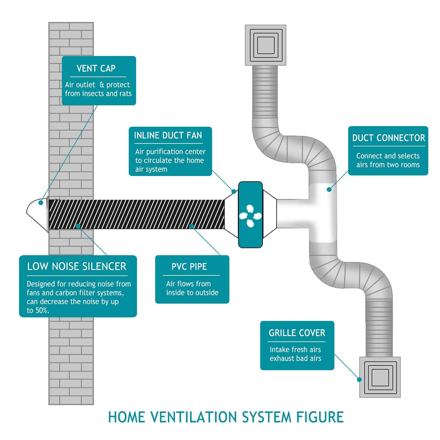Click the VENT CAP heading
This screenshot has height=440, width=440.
point(96,69)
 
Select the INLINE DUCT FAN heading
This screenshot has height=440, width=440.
point(168,136)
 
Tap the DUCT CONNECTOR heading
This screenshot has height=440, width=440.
point(388,138)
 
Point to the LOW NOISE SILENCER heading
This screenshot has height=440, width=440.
point(77,266)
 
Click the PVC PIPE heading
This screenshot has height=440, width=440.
point(189,267)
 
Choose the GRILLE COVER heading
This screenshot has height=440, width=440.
point(297,333)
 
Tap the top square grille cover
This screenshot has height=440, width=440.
point(265,45)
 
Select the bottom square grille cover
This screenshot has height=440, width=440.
point(380,377)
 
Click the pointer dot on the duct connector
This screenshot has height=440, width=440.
point(329,189)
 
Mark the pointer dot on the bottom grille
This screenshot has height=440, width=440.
point(359,379)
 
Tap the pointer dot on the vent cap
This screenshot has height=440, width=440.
point(41,202)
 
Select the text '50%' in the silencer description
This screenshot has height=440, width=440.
point(42,311)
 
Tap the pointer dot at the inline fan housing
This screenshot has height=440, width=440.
point(234,192)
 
